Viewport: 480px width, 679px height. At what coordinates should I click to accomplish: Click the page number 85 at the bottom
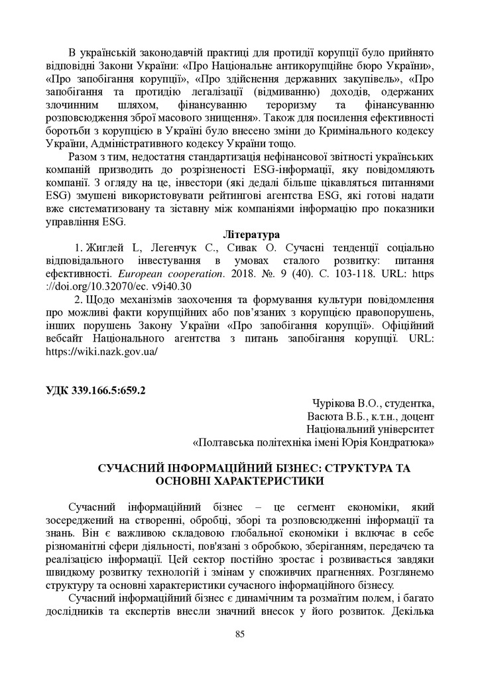(x=240, y=635)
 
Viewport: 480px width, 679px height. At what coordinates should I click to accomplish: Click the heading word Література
(x=251, y=235)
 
